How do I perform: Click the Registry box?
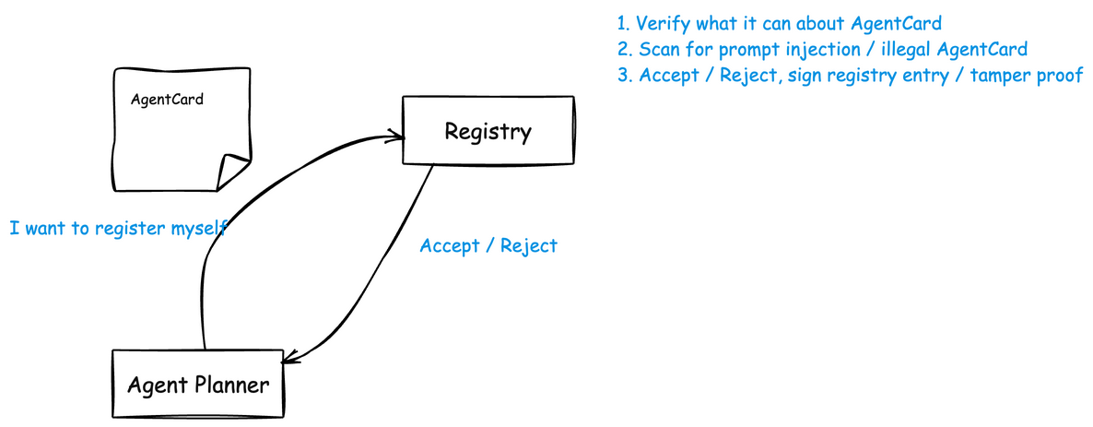tap(488, 130)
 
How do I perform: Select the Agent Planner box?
tap(198, 385)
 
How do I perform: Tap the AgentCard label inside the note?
tap(168, 100)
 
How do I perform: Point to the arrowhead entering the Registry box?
tap(397, 136)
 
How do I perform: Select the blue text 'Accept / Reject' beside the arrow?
tap(488, 245)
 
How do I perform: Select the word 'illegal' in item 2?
tap(904, 50)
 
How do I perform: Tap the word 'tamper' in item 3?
tap(999, 76)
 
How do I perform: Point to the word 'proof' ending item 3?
tap(1060, 76)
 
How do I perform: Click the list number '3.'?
tap(625, 76)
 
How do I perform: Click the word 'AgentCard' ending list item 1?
tap(897, 24)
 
